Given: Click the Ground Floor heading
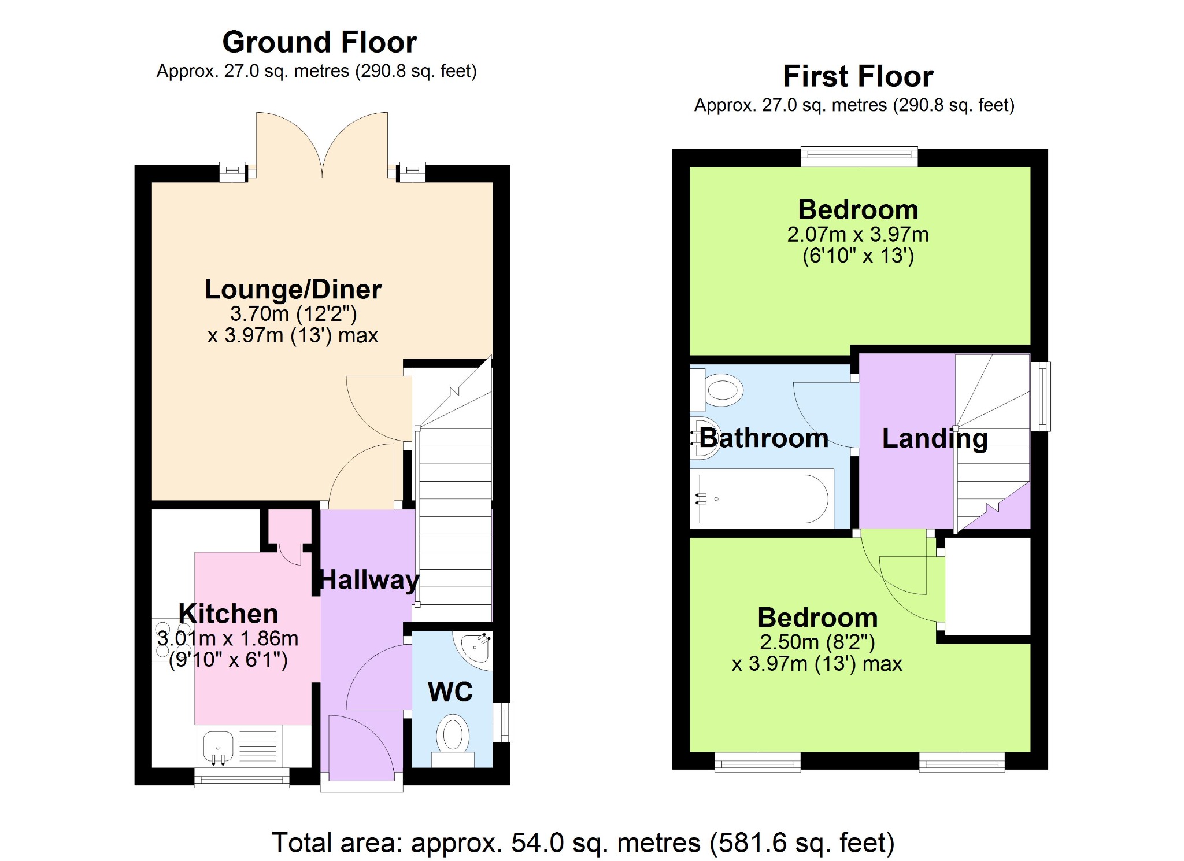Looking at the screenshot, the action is coord(319,42).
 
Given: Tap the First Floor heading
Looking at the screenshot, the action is coord(858,76).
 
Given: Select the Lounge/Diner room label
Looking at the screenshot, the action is coord(293,289).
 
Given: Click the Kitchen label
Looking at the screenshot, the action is coord(228,614).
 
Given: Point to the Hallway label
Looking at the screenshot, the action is coord(369,580).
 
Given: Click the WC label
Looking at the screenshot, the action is coord(450,692).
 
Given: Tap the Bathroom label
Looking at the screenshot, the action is coord(764,438).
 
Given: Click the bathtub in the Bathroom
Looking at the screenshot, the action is coord(762,498).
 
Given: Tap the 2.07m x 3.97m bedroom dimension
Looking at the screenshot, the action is coord(858,235).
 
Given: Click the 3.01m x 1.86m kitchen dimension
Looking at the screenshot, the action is coord(228,638).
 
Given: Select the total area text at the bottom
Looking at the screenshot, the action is coord(583,842).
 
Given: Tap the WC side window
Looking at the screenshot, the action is coord(503,722).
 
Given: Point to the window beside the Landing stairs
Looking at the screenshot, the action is coord(1040,396).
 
